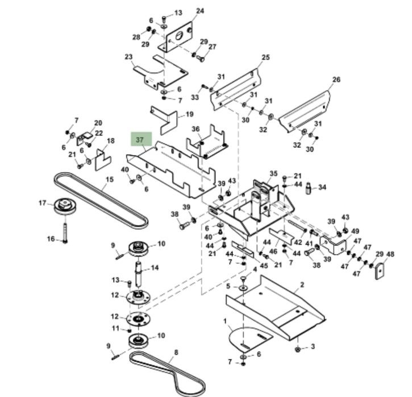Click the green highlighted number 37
140,139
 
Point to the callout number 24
199,11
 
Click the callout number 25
265,57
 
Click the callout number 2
302,284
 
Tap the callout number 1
226,321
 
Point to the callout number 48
390,254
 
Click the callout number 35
273,173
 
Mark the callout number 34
322,187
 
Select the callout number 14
155,267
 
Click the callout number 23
128,57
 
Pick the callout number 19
190,114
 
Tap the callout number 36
195,129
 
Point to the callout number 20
98,123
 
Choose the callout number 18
110,141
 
